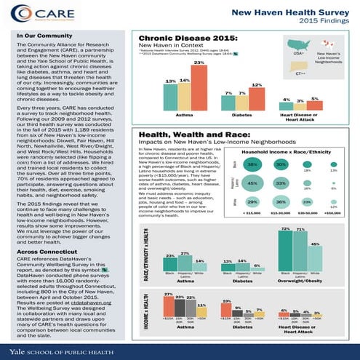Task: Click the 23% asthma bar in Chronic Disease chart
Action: [198, 89]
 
